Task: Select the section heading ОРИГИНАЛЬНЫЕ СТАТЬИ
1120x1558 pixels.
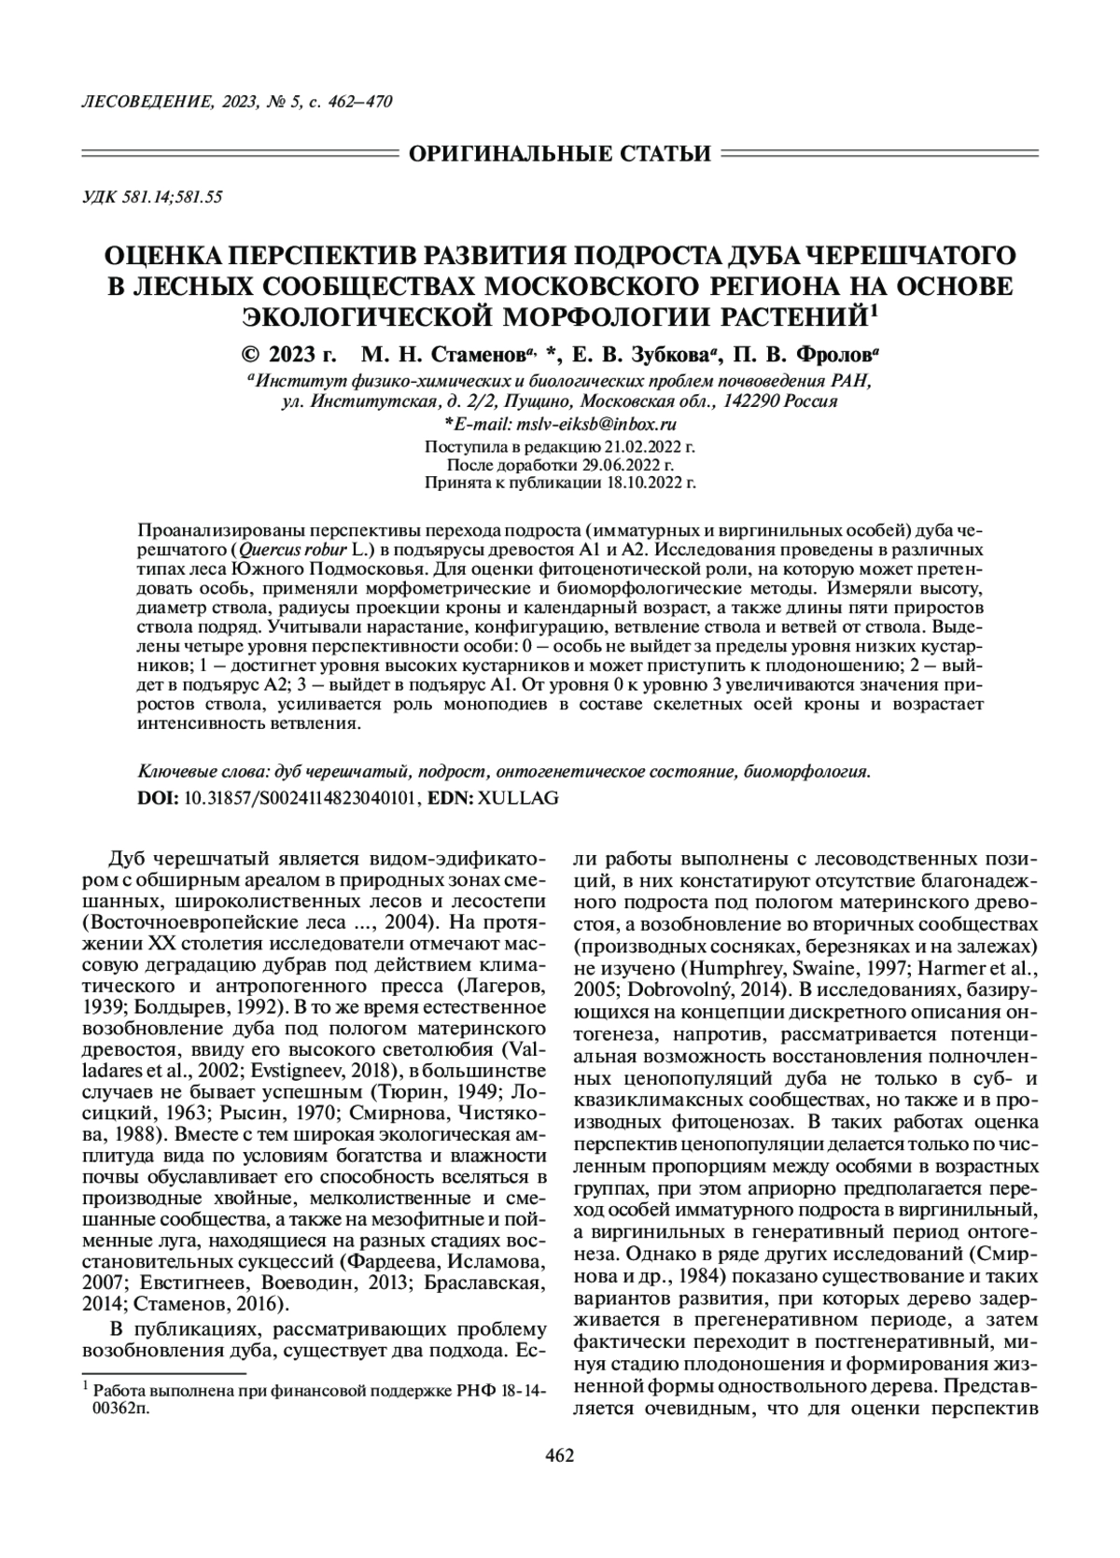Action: (560, 152)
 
